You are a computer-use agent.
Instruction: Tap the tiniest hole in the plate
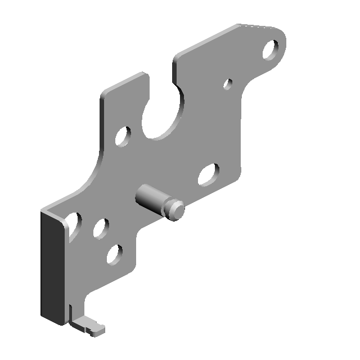tap(228, 84)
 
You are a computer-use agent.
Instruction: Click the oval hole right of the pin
tap(209, 174)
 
